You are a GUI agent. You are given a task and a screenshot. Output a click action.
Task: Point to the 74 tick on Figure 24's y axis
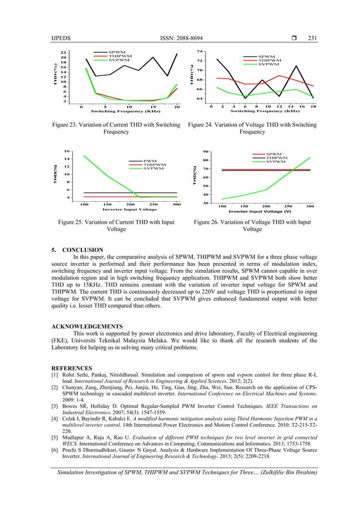[x=200, y=51]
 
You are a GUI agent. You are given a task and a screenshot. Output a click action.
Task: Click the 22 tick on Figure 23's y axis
[x=64, y=53]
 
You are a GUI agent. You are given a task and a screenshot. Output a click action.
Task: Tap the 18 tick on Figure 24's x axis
[x=313, y=106]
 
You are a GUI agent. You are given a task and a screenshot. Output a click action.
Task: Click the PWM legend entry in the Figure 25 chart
[x=150, y=161]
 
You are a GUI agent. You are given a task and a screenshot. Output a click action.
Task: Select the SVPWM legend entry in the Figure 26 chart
[x=275, y=162]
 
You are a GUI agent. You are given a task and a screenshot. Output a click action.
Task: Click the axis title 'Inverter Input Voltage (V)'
[x=260, y=211]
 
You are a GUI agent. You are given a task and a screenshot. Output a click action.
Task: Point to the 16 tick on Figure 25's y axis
[x=67, y=151]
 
